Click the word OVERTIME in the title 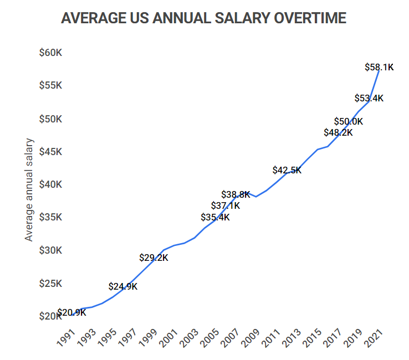pos(308,18)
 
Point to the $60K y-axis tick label pos(50,53)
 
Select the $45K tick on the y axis pos(50,151)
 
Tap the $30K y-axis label pos(50,250)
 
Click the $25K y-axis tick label pos(50,284)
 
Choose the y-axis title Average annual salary pos(29,189)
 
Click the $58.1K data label pos(379,67)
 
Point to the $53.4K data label pos(369,99)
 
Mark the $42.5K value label pos(287,170)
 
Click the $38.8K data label pos(236,194)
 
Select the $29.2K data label pos(154,258)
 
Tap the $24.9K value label pos(123,286)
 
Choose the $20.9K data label pos(72,312)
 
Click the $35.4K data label pos(215,217)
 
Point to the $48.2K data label pos(338,132)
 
